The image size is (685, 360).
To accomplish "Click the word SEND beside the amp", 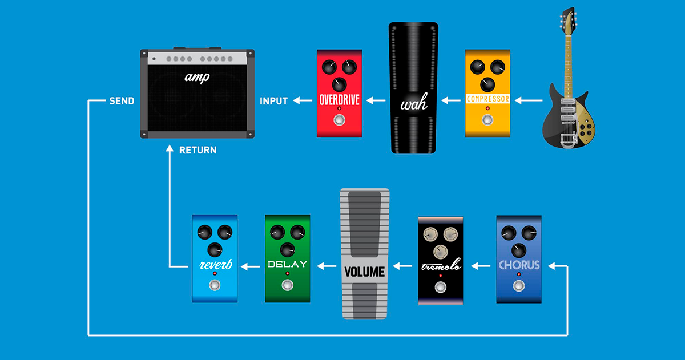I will (122, 101).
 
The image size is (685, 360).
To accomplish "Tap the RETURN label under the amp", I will (198, 151).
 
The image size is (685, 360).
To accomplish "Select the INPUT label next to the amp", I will (274, 101).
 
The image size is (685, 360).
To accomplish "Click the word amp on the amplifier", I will (197, 77).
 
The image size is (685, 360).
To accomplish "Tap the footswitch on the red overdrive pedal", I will (339, 120).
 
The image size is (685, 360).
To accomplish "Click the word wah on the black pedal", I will (414, 105).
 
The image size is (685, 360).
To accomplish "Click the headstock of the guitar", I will (567, 20).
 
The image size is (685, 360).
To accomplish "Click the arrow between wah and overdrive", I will (376, 101).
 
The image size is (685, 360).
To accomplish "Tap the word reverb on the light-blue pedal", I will (215, 264).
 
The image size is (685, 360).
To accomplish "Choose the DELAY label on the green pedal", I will (287, 265).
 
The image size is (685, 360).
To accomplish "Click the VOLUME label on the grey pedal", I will (364, 272).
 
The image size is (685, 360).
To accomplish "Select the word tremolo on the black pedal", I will (440, 266).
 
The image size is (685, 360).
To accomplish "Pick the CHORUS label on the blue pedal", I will (519, 265).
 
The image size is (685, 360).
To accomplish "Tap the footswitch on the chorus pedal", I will (519, 286).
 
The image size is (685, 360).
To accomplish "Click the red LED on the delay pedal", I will (287, 274).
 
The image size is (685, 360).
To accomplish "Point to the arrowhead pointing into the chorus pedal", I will (551, 266).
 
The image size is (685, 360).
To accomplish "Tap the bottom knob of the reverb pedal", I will (215, 249).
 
